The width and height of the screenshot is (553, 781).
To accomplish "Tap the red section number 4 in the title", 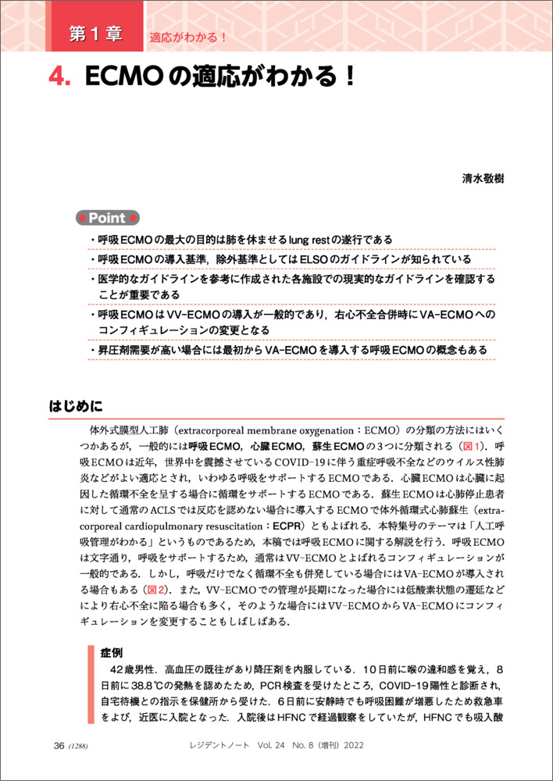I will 59,78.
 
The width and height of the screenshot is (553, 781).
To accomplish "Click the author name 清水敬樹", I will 483,179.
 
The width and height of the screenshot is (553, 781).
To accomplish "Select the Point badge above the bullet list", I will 108,218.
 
